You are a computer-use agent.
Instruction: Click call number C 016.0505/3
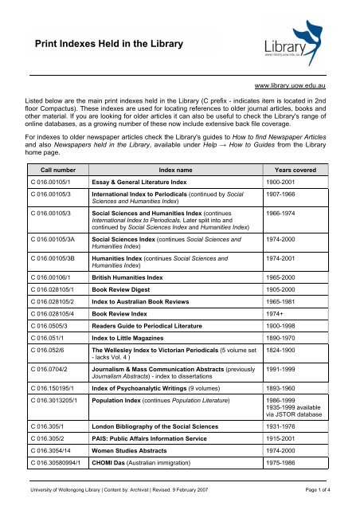pos(48,363)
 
